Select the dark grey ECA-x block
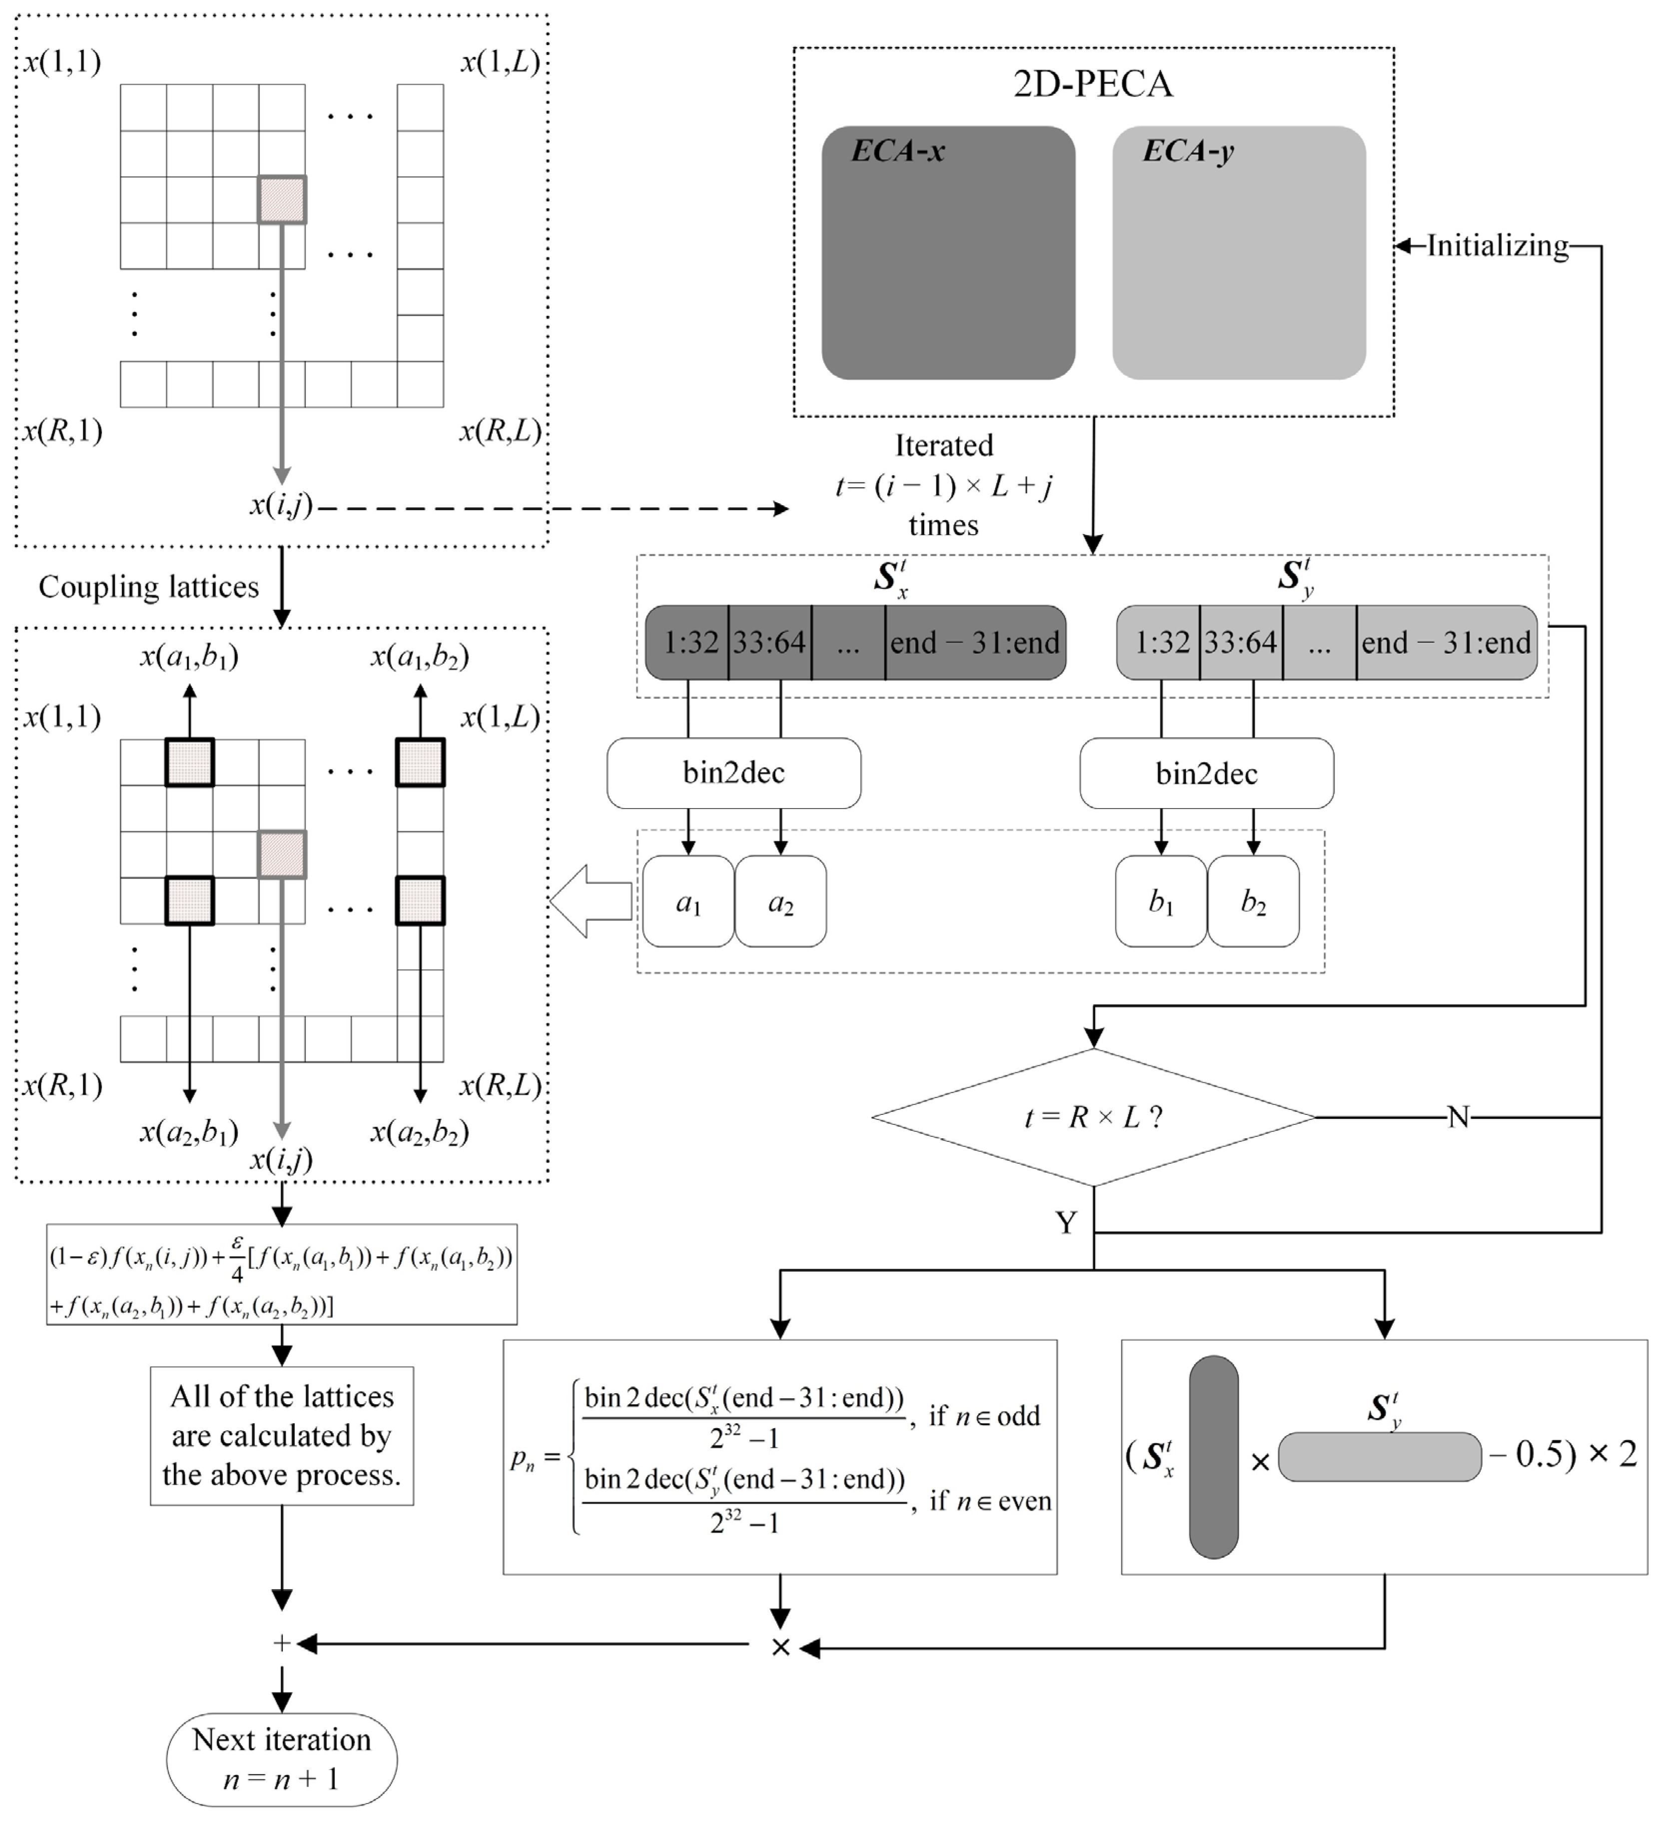pyautogui.click(x=948, y=253)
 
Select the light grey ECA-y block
pyautogui.click(x=1239, y=253)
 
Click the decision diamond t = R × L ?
pyautogui.click(x=1094, y=1117)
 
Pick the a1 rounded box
pyautogui.click(x=688, y=902)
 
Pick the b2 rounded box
pyautogui.click(x=1253, y=902)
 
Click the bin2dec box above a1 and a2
pyautogui.click(x=733, y=773)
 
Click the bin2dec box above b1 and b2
pyautogui.click(x=1206, y=773)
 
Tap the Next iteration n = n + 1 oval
pyautogui.click(x=282, y=1760)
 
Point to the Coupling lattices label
pyautogui.click(x=149, y=587)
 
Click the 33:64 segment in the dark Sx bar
pyautogui.click(x=769, y=642)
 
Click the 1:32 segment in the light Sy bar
pyautogui.click(x=1158, y=642)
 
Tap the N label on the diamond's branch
pyautogui.click(x=1458, y=1117)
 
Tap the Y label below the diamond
pyautogui.click(x=1066, y=1223)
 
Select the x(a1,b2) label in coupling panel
pyautogui.click(x=420, y=657)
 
